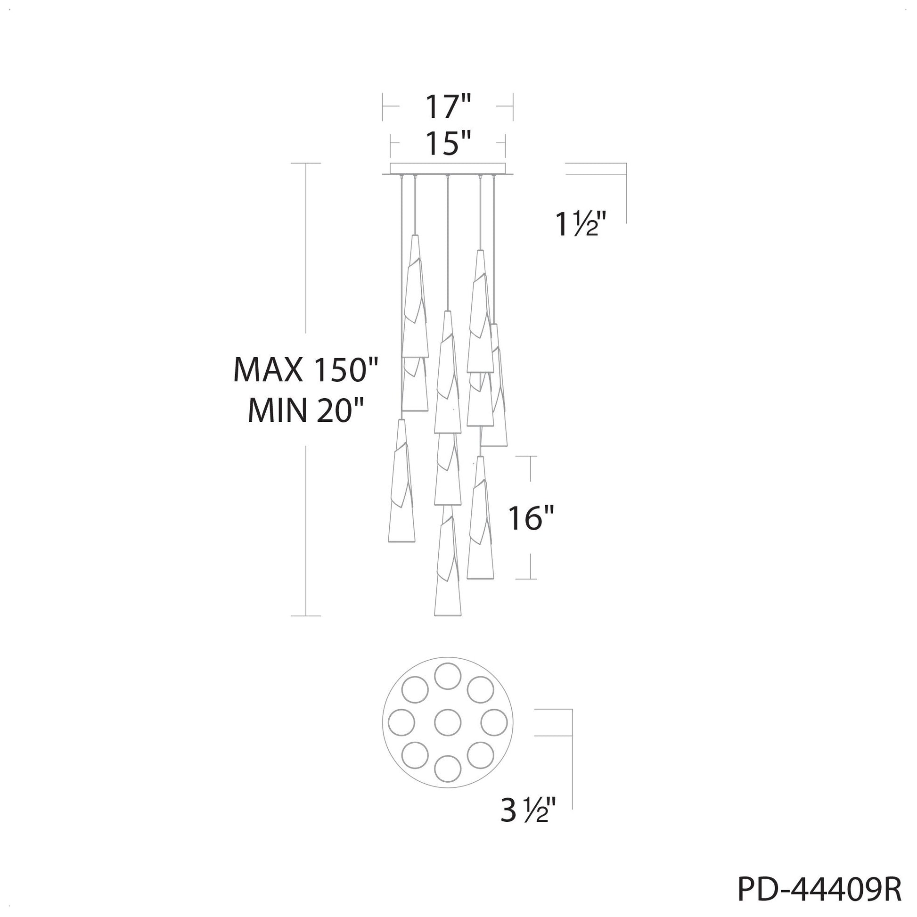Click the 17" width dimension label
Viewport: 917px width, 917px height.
(448, 107)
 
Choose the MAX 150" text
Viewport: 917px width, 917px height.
(306, 370)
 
